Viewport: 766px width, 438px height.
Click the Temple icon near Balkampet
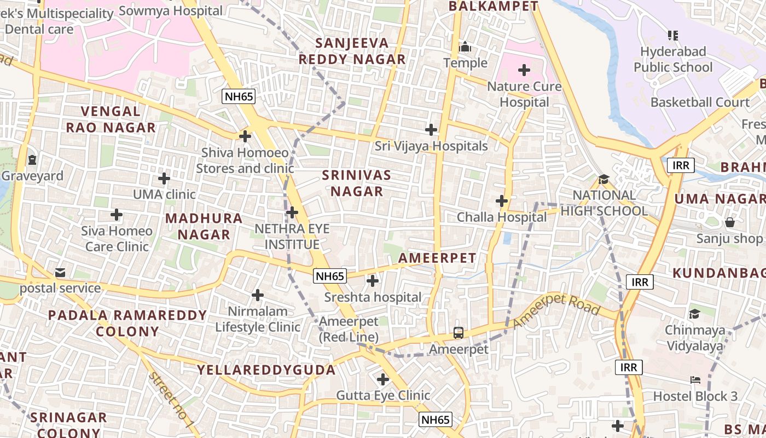click(465, 47)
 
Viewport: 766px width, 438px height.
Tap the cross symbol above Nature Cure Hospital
click(524, 70)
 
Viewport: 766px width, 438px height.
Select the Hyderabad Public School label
click(673, 60)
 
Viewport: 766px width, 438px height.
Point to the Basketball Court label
click(700, 102)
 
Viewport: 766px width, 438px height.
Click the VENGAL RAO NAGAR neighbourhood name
click(111, 119)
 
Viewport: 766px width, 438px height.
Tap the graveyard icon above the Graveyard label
click(32, 160)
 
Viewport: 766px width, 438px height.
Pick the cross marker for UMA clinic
click(164, 178)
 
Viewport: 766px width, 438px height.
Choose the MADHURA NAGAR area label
click(204, 226)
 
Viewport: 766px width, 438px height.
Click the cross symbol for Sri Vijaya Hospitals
click(431, 130)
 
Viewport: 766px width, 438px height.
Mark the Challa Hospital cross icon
click(502, 201)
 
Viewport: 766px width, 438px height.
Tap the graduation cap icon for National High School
click(603, 179)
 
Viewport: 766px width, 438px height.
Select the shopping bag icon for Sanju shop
click(729, 222)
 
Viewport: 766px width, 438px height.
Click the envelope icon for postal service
click(60, 272)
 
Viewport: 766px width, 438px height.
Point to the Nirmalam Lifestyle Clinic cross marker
click(258, 296)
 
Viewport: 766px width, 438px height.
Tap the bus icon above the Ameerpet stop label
click(459, 332)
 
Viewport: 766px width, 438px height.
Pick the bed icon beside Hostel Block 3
click(695, 380)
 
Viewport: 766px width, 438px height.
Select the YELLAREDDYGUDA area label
click(266, 370)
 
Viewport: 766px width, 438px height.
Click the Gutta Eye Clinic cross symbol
click(383, 379)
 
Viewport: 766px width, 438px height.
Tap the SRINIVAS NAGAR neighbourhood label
click(357, 183)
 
